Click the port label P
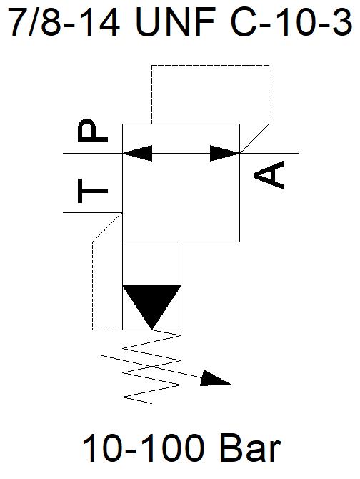point(93,131)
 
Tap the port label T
point(93,191)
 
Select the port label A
point(269,175)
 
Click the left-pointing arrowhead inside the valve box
point(138,153)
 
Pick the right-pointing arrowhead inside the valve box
point(225,153)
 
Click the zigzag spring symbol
point(151,367)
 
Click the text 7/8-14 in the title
point(64,22)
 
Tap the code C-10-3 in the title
point(292,22)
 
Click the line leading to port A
point(269,153)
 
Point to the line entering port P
point(93,153)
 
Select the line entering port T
point(93,212)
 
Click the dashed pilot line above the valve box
point(211,65)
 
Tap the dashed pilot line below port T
point(92,286)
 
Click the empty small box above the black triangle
point(151,264)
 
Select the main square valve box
point(181,124)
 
